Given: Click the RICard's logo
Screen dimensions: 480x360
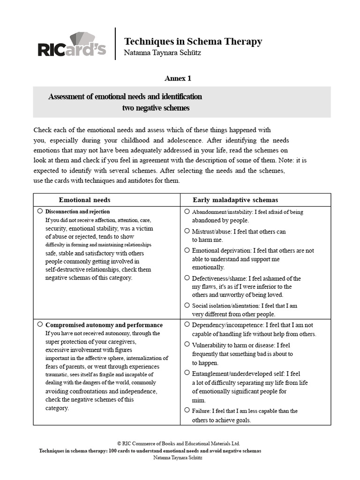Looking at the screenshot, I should click(x=71, y=45).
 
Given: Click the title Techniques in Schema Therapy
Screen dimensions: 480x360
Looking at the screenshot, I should click(x=193, y=41).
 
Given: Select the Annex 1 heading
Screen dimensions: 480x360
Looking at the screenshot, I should click(x=178, y=78).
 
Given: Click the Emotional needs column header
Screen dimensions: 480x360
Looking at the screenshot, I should click(x=85, y=200).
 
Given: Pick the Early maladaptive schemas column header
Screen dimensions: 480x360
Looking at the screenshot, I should click(x=235, y=200).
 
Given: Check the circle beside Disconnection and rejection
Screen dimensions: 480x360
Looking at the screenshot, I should click(x=40, y=211).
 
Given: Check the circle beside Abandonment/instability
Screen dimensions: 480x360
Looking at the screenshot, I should click(x=187, y=211).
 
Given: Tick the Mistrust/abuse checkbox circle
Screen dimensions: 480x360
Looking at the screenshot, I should click(x=187, y=231).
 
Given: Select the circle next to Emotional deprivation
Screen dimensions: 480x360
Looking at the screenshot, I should click(x=187, y=250).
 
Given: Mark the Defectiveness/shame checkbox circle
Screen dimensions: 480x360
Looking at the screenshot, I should click(x=187, y=277).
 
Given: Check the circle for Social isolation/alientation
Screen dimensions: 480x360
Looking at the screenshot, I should click(x=187, y=305).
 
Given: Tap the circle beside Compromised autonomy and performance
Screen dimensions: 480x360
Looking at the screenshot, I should click(x=40, y=324).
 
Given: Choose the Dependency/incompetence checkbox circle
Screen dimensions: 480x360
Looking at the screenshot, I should click(x=187, y=324).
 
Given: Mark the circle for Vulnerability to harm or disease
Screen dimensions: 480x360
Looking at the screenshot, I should click(x=187, y=345).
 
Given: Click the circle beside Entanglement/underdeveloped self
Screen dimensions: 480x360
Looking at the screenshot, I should click(x=187, y=373).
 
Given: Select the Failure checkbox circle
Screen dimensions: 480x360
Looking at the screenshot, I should click(x=187, y=410).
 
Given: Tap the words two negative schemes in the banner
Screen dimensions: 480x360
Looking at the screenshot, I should click(x=156, y=108).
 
